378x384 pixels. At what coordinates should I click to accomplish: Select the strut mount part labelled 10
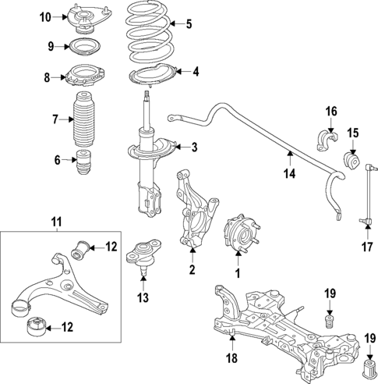tap(83, 17)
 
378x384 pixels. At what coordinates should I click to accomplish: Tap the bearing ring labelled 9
tap(83, 47)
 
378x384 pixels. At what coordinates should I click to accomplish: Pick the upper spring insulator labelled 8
tap(83, 77)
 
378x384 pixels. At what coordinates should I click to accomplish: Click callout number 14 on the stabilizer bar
tap(290, 175)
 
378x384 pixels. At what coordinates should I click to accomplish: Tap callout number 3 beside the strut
tap(195, 147)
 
